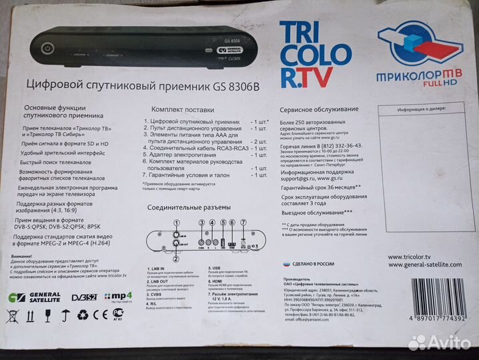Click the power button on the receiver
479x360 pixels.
[x=47, y=49]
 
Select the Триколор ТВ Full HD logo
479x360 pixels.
[x=419, y=53]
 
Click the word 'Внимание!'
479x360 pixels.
[x=21, y=256]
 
